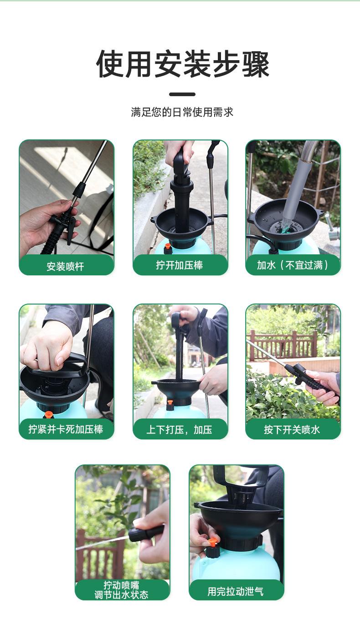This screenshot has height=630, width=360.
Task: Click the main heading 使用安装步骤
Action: [x=183, y=64]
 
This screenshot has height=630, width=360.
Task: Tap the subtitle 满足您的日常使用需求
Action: [x=182, y=112]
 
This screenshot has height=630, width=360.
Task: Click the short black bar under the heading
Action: [x=182, y=94]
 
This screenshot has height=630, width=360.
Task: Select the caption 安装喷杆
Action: [x=65, y=266]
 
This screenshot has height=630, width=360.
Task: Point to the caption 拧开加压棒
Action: [x=180, y=265]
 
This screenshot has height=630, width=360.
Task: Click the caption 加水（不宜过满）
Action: [x=293, y=265]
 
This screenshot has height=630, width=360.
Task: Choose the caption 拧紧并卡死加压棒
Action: [x=66, y=429]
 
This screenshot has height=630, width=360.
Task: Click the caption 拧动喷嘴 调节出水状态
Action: [x=121, y=590]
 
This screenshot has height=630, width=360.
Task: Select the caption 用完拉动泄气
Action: [x=236, y=591]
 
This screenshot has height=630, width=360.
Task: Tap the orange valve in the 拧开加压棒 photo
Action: [x=167, y=246]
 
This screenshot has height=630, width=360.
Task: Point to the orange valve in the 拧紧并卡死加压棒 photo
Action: [x=48, y=414]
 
